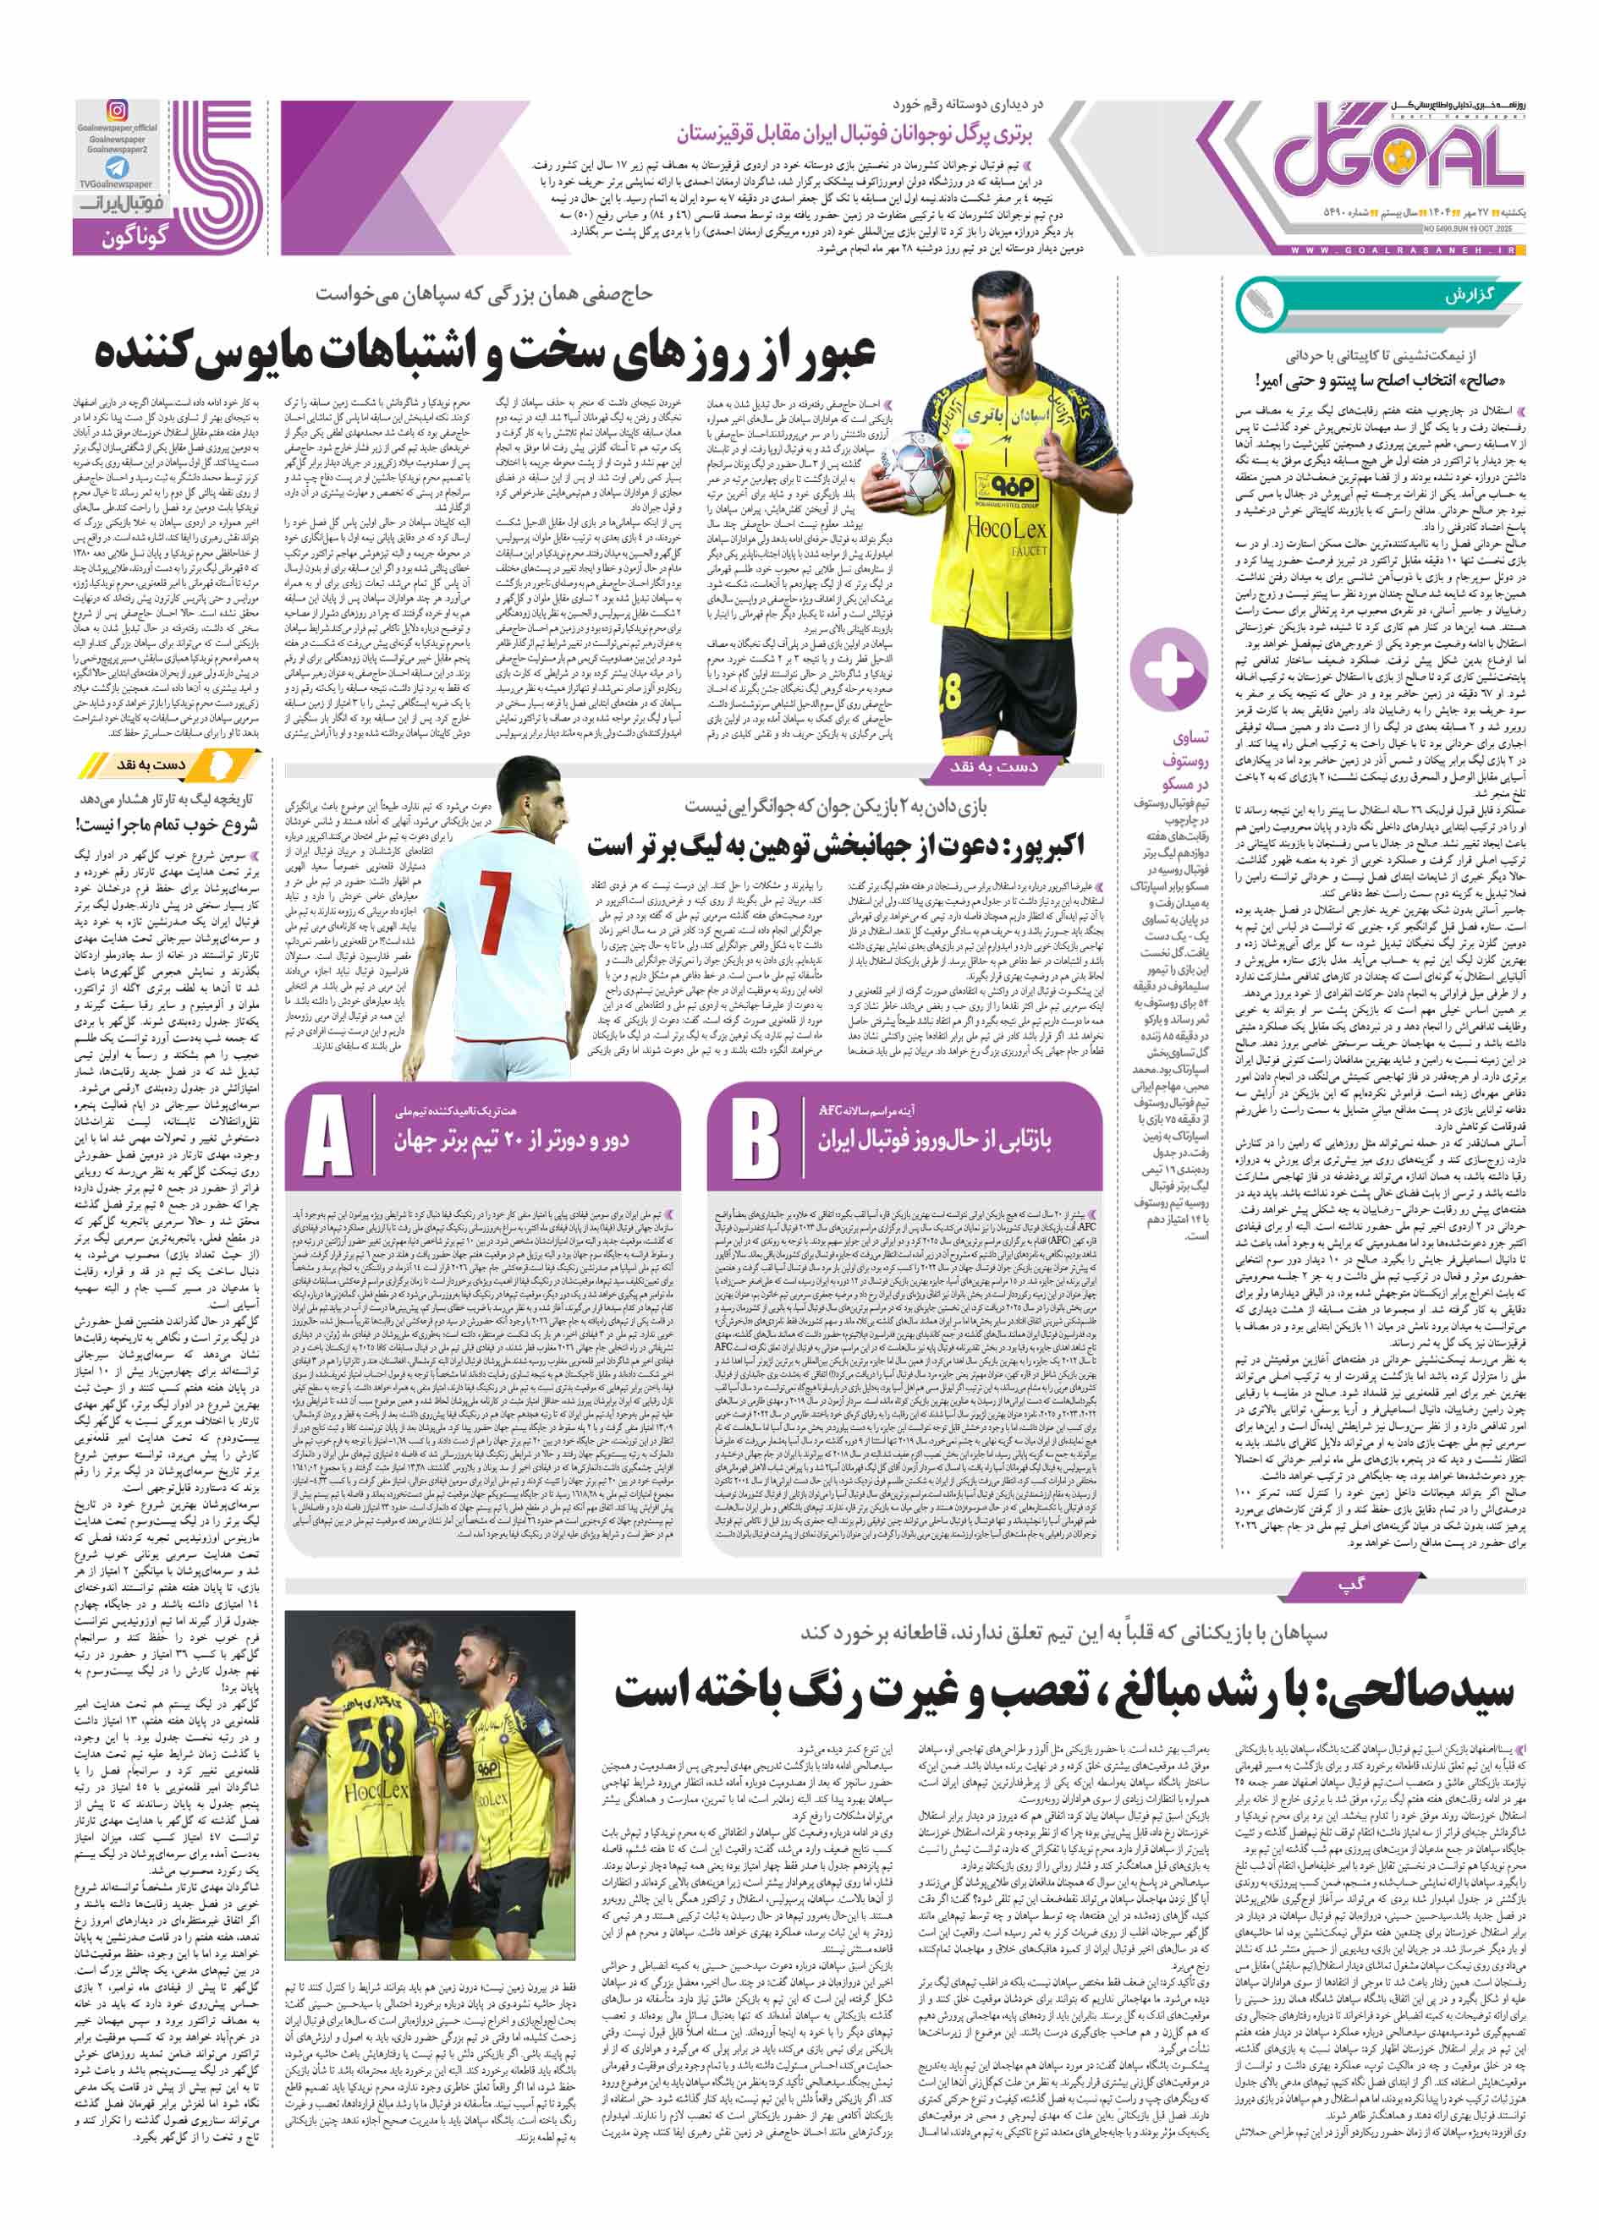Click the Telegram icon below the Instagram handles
coord(117,167)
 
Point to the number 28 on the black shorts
coord(949,694)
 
